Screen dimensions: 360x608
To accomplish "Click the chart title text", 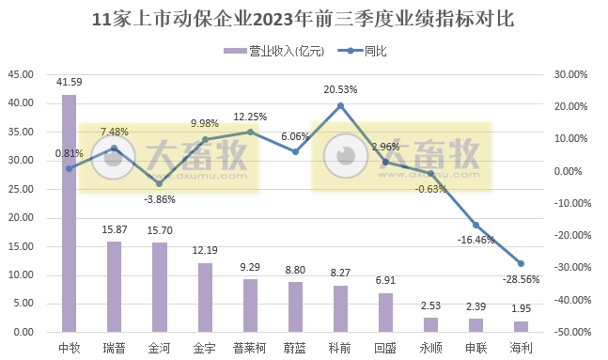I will (304, 18).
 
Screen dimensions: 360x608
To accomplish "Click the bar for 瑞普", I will (114, 287).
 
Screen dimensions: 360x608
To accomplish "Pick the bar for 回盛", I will (385, 312).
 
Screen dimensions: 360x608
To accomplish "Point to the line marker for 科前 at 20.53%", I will (340, 105).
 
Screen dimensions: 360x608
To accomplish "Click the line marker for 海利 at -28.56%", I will (521, 263).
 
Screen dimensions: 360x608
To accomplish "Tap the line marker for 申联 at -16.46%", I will (475, 225).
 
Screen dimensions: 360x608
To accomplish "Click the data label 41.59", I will (69, 84).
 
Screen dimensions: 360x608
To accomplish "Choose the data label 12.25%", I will (250, 117).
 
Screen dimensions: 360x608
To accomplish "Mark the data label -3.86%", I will (160, 198).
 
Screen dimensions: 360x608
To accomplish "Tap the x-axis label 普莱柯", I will (250, 348).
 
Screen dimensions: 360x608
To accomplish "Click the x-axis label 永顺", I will (430, 348).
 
